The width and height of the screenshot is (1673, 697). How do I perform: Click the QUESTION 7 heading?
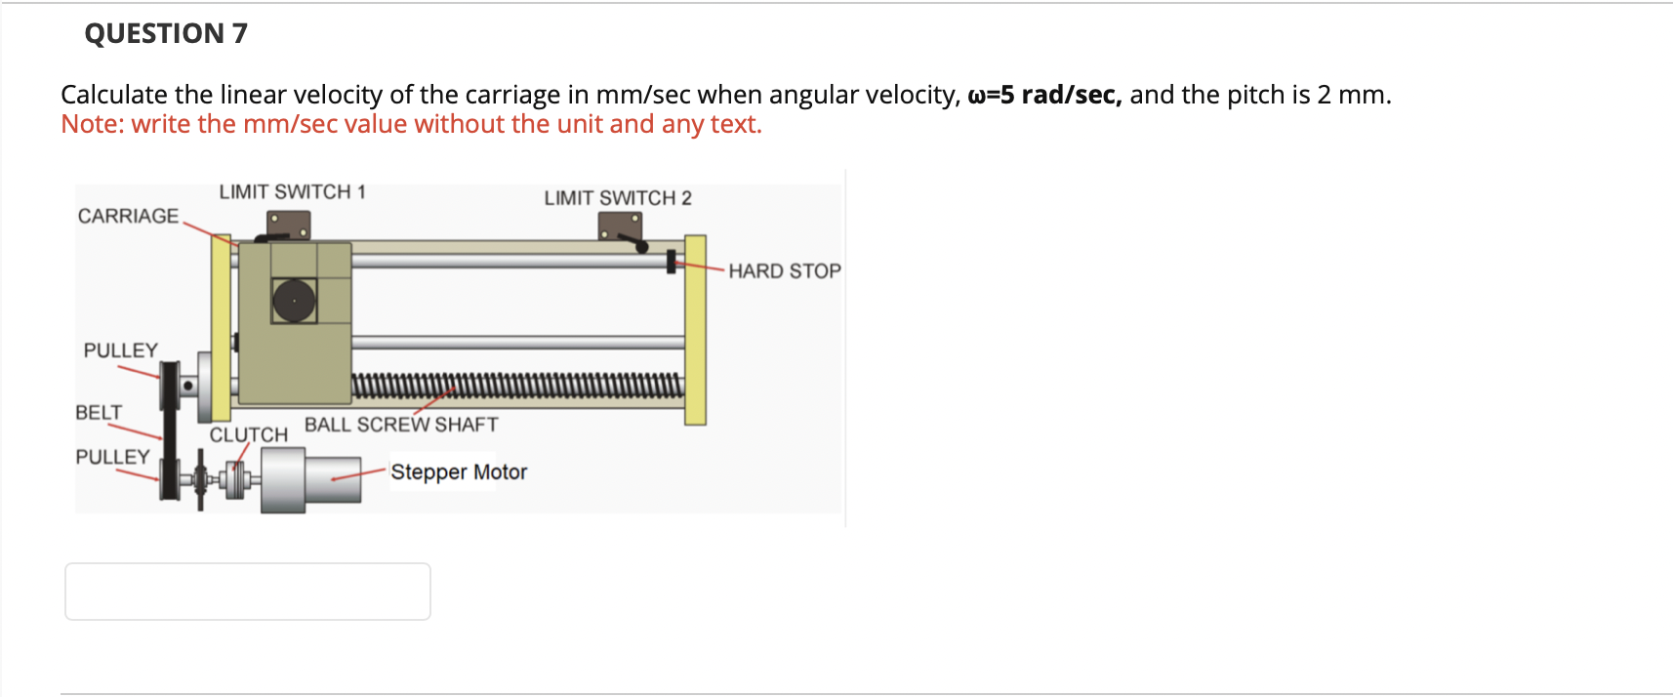point(166,33)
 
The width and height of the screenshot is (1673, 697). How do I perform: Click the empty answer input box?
point(247,591)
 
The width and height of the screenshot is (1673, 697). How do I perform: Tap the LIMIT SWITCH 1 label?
point(292,191)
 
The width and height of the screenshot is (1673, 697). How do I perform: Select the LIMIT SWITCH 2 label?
point(618,198)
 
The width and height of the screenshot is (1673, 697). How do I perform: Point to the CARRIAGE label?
point(128,216)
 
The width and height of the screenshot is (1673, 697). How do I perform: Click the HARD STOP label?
point(784,271)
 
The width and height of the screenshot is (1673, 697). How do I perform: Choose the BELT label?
point(99,413)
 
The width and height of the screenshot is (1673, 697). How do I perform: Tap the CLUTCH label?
point(249,434)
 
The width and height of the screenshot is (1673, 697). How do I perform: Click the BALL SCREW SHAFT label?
point(401,425)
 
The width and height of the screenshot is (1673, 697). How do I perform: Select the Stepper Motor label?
point(459,472)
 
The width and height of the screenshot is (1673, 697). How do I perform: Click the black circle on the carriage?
point(294,301)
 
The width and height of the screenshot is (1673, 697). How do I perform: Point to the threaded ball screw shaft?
point(517,387)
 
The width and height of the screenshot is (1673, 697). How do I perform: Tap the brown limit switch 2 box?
point(620,225)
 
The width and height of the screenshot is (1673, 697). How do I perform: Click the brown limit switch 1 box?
point(289,225)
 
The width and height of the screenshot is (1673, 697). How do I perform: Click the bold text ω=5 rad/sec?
point(1044,95)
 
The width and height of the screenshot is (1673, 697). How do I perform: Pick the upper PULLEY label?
point(120,350)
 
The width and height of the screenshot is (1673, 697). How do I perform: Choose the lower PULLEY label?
point(112,457)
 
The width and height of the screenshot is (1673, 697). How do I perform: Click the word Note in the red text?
point(91,124)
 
